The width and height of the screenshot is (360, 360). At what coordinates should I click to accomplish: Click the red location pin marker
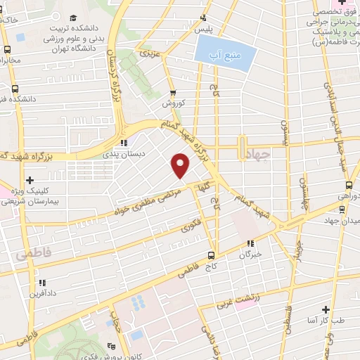[x=181, y=165]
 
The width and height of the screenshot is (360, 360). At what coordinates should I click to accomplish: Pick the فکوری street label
[x=191, y=226]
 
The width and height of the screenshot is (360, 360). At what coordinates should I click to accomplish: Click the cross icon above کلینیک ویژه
[x=30, y=181]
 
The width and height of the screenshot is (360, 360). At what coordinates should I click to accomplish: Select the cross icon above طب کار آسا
[x=326, y=309]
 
